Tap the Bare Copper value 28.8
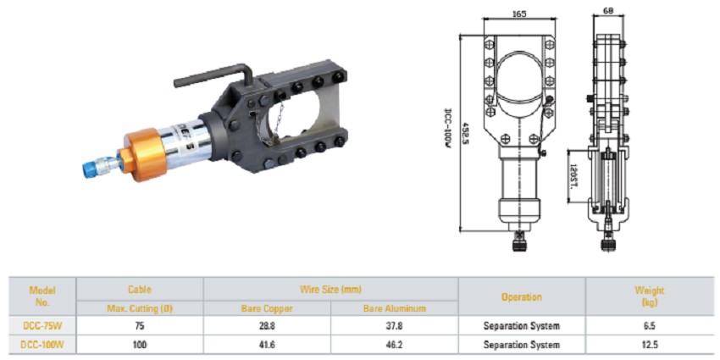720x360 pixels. click(267, 325)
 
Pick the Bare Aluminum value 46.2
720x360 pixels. click(394, 345)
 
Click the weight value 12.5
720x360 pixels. click(650, 345)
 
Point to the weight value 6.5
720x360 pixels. click(650, 325)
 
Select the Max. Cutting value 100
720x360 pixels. click(140, 345)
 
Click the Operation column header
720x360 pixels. click(521, 297)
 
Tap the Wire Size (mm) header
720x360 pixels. click(330, 289)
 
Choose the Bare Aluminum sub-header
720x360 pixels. click(394, 308)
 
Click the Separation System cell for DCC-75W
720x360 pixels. click(521, 325)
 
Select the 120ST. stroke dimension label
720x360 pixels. click(573, 174)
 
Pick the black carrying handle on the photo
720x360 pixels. click(212, 76)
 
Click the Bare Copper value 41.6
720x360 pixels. click(267, 345)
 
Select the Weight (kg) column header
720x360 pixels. click(650, 296)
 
